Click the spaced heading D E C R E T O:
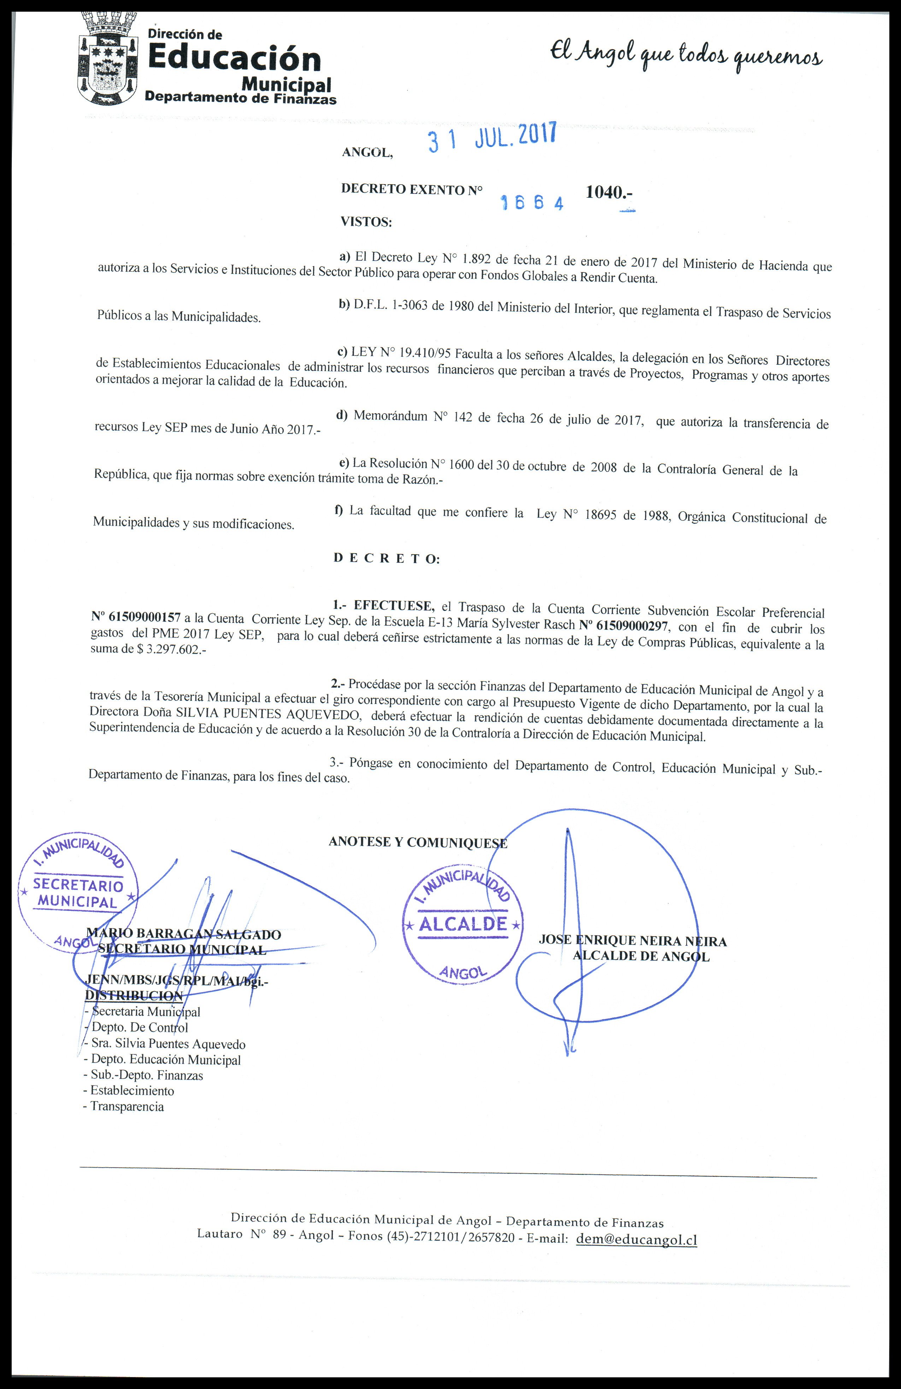point(387,559)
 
